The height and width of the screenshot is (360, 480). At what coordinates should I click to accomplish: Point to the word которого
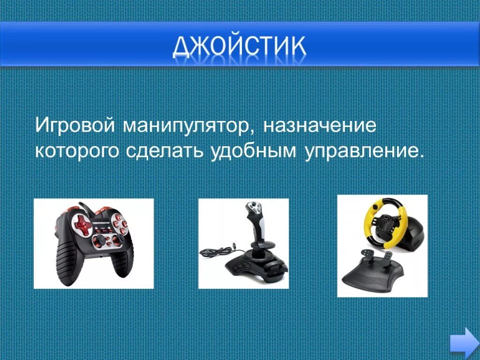click(x=76, y=151)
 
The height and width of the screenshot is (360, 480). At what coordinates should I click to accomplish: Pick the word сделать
click(x=164, y=151)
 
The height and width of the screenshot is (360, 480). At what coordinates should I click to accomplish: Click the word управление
click(x=361, y=151)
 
